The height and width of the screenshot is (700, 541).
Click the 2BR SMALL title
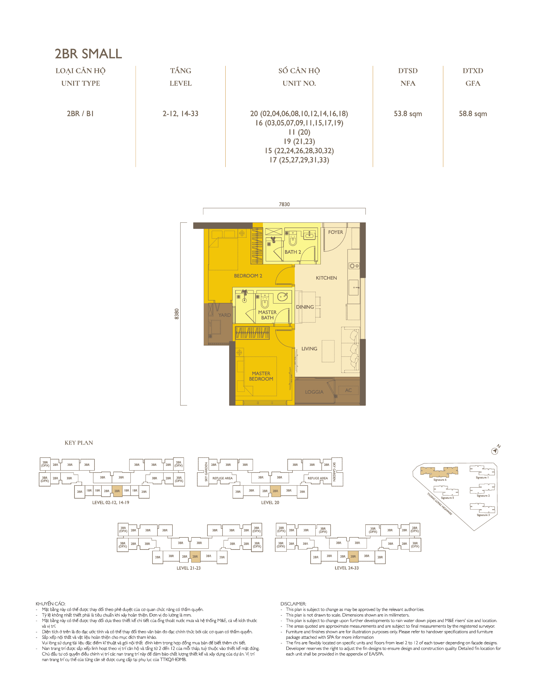[x=88, y=54]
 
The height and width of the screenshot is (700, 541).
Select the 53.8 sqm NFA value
[x=408, y=114]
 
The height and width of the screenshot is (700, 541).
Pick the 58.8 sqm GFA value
[x=473, y=114]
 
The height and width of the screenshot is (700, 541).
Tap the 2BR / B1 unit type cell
[x=80, y=114]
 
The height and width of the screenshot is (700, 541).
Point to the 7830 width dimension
[x=284, y=204]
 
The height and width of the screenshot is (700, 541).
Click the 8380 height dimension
[x=177, y=314]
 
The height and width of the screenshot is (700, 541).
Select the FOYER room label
[x=335, y=232]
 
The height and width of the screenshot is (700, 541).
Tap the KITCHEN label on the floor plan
[x=326, y=278]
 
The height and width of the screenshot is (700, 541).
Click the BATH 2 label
[x=293, y=252]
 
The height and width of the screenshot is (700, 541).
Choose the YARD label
[x=224, y=315]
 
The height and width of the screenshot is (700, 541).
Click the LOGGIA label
[x=314, y=392]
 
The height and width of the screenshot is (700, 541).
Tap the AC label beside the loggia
[x=348, y=390]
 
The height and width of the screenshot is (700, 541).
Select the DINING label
[x=305, y=307]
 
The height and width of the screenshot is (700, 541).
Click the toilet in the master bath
[x=265, y=302]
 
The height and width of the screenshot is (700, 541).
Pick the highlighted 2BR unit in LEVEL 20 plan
[x=275, y=491]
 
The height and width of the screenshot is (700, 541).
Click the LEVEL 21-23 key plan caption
[x=188, y=568]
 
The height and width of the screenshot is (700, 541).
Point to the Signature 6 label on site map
[x=440, y=480]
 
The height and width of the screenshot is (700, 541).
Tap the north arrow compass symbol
[x=495, y=451]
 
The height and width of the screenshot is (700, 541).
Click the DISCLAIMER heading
[x=293, y=604]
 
